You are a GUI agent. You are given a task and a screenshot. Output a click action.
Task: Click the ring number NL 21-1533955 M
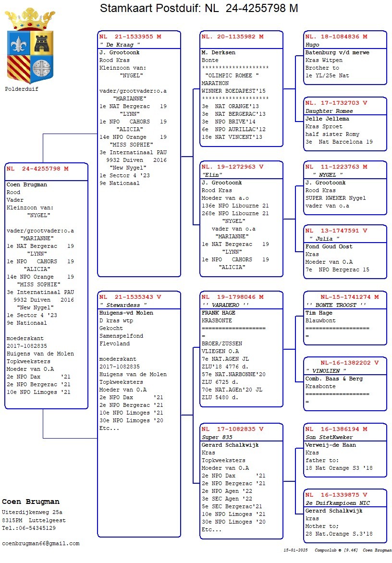coord(130,37)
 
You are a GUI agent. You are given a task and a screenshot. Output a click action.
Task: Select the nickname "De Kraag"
coord(120,45)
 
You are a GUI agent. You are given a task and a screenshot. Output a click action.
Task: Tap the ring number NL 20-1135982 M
coord(233,37)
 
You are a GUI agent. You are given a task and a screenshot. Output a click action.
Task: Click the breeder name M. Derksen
coord(219,52)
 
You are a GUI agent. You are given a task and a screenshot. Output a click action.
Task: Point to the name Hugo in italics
coord(312,45)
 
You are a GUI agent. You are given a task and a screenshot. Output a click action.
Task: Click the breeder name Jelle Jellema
coord(327,119)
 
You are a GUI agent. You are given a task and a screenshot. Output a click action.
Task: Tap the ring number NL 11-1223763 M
coord(336,167)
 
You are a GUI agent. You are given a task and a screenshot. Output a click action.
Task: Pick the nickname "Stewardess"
coord(122,305)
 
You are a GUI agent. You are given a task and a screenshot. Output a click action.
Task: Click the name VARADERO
coord(225,305)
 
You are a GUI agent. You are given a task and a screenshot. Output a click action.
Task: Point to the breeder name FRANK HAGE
coord(219,313)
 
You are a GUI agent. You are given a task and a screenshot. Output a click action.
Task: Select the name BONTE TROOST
coord(336,305)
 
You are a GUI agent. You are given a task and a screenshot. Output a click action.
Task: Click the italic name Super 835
coord(217,437)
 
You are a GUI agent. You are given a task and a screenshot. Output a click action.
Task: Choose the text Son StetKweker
coord(329,437)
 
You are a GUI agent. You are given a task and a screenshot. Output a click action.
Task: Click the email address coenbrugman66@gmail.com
coord(41,543)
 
